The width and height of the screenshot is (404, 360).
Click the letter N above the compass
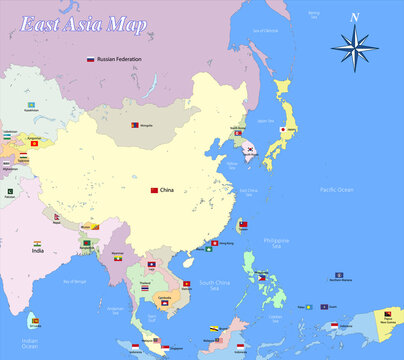[x=354, y=16]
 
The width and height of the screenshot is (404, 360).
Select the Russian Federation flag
[x=90, y=60]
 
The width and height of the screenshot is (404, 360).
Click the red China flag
[x=154, y=190]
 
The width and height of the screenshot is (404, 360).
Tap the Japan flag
[x=284, y=130]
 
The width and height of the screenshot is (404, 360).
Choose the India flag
[x=37, y=243]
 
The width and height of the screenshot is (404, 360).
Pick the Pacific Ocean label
[x=337, y=189]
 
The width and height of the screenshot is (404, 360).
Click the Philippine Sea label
[x=276, y=241]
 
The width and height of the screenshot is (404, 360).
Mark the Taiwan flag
[x=244, y=225]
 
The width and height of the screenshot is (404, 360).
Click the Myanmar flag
[x=118, y=259]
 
